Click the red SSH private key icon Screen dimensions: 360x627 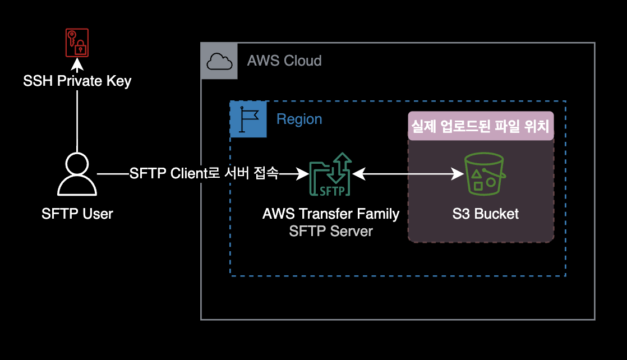coord(77,43)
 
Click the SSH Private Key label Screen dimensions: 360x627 coord(77,81)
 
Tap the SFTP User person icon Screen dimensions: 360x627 coord(77,174)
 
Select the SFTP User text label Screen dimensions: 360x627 coord(77,214)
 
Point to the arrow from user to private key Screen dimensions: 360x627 coord(77,118)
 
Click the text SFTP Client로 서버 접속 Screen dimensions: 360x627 coord(204,173)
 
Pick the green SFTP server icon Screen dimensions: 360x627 coord(331,174)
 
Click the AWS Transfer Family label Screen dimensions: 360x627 coord(331,214)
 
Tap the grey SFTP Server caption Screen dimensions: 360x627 coord(331,231)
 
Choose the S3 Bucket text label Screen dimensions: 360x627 coord(486,214)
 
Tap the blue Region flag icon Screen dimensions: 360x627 coord(248,119)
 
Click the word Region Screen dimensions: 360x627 coord(299,119)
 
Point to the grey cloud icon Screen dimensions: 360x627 coord(219,61)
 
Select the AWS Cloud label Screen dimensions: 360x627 coord(284,61)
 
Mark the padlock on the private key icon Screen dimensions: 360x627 coord(81,48)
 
